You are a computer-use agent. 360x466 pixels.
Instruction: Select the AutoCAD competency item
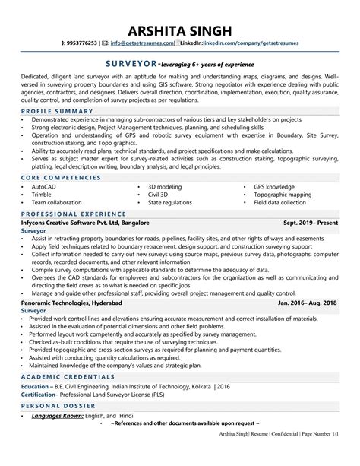click(x=43, y=186)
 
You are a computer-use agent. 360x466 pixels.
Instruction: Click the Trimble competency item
click(x=41, y=195)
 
